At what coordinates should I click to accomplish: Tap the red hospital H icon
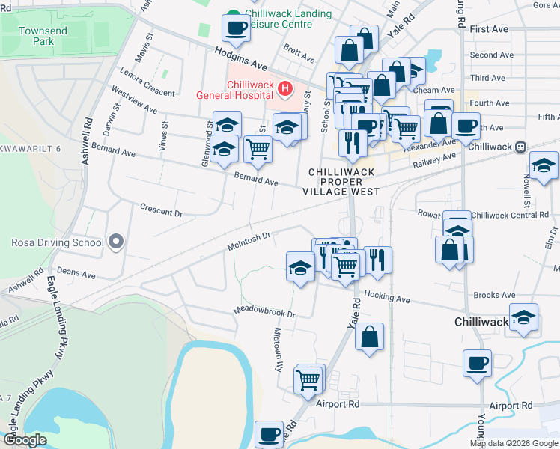click(x=284, y=89)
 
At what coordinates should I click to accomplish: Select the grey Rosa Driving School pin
click(x=115, y=242)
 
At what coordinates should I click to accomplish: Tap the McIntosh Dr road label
click(x=248, y=241)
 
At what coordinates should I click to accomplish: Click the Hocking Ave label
click(x=387, y=298)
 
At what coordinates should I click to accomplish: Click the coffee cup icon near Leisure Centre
click(x=237, y=28)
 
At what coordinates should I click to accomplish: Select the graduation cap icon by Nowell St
click(x=544, y=165)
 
